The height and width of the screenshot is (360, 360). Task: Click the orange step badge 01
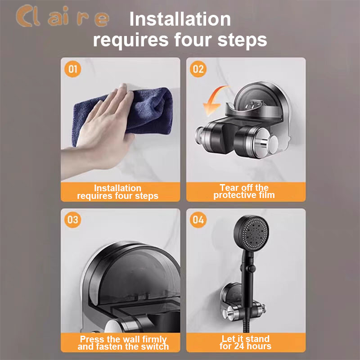pyautogui.click(x=72, y=69)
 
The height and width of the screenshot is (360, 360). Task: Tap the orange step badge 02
pyautogui.click(x=198, y=69)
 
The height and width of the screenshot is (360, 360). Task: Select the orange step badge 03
pyautogui.click(x=72, y=220)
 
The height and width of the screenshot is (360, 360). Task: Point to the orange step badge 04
pyautogui.click(x=198, y=220)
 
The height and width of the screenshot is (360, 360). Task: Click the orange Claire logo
pyautogui.click(x=63, y=16)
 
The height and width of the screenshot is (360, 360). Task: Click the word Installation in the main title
pyautogui.click(x=180, y=19)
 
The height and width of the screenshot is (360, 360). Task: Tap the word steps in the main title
pyautogui.click(x=242, y=40)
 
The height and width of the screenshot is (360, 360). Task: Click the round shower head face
pyautogui.click(x=252, y=233)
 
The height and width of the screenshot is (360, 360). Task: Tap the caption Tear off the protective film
pyautogui.click(x=244, y=191)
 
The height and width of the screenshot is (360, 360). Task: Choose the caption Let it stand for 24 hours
pyautogui.click(x=245, y=342)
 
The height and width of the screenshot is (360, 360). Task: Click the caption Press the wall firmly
pyautogui.click(x=123, y=339)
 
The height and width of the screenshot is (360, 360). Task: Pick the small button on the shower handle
pyautogui.click(x=252, y=268)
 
